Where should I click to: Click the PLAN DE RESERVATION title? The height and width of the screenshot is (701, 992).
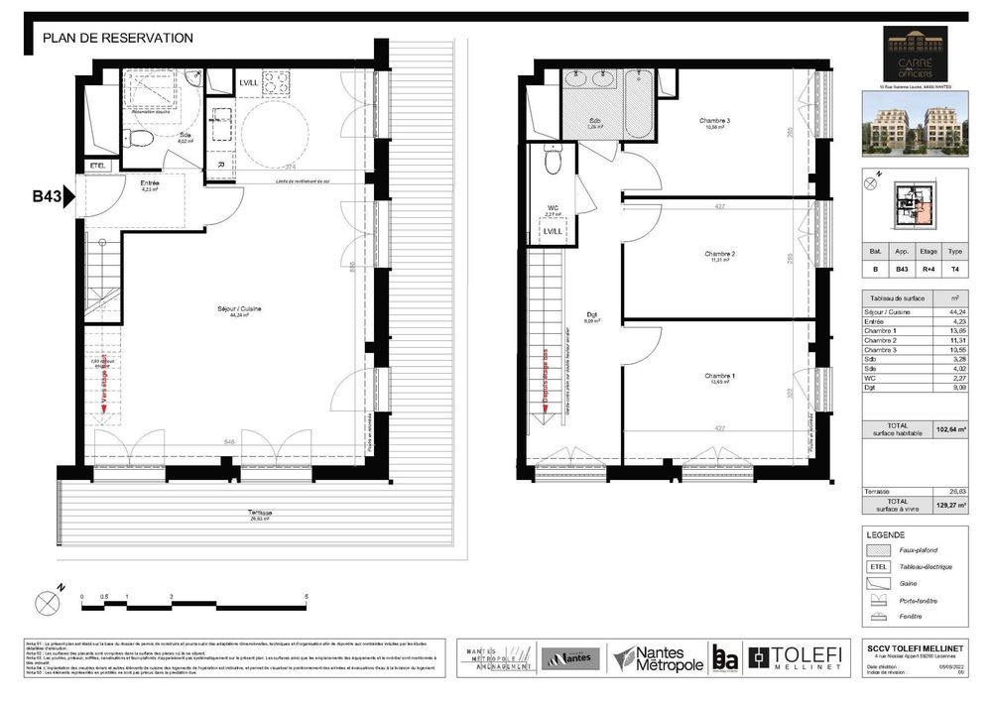pyautogui.click(x=118, y=39)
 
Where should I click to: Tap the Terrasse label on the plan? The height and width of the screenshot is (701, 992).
pyautogui.click(x=261, y=514)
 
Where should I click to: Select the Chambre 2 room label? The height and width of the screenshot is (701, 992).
pyautogui.click(x=718, y=255)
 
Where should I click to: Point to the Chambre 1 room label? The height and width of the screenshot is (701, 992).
pyautogui.click(x=719, y=377)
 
